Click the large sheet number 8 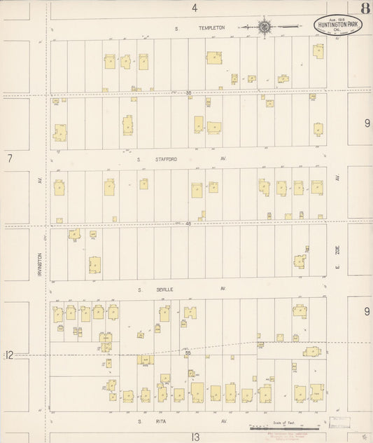point(365,9)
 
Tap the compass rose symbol point(265,27)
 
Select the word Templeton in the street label point(211,27)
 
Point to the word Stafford point(167,159)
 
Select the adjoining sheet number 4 point(195,7)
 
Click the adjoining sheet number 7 point(10,159)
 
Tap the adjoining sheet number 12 point(9,355)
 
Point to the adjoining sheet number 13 point(196,436)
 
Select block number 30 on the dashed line point(188,93)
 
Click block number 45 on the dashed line point(188,224)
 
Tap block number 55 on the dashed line point(188,352)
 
